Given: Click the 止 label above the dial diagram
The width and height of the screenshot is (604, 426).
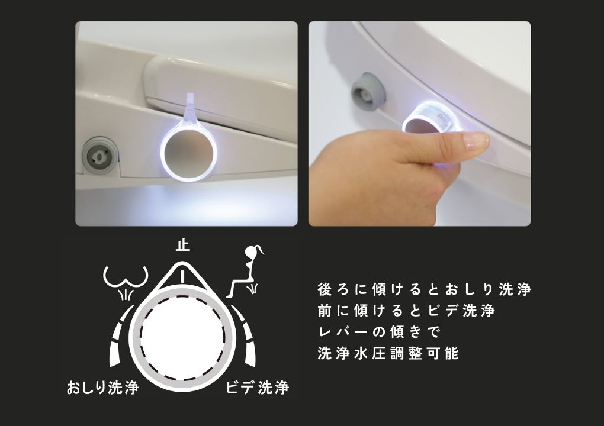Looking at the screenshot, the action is pyautogui.click(x=182, y=245).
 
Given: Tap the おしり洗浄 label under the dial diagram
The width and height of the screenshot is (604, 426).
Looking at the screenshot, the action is pyautogui.click(x=102, y=387).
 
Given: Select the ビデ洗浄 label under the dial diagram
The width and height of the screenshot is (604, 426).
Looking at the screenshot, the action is pyautogui.click(x=258, y=387).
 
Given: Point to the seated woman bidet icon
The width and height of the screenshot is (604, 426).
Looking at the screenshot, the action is pyautogui.click(x=246, y=272).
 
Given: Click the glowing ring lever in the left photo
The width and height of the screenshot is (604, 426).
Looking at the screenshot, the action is pyautogui.click(x=188, y=153).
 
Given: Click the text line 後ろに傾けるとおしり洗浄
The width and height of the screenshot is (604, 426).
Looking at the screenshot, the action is pyautogui.click(x=424, y=289).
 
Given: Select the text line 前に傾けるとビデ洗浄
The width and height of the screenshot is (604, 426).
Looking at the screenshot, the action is pyautogui.click(x=406, y=311).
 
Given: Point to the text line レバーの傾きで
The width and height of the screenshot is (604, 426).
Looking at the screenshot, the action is pyautogui.click(x=379, y=332).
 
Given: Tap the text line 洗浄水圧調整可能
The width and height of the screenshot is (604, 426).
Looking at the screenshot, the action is pyautogui.click(x=388, y=353).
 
